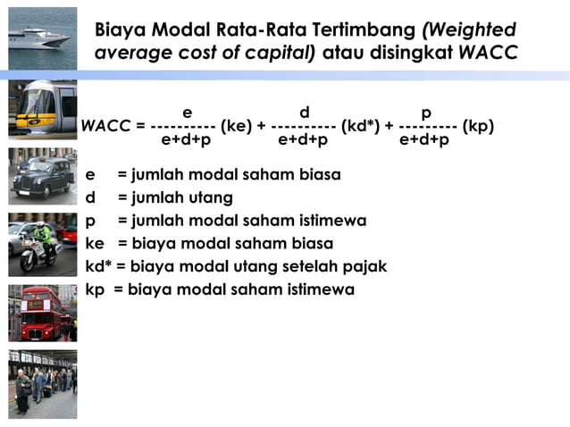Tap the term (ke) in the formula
coord(236,126)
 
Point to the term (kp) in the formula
coord(478,126)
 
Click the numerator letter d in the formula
coord(304,113)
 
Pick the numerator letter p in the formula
coord(426,113)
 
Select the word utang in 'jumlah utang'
coord(211,197)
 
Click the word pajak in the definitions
coord(365,266)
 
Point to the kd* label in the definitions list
coord(98,266)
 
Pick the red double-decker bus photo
coord(42,314)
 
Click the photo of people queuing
coord(42,383)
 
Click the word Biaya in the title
coord(122,30)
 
